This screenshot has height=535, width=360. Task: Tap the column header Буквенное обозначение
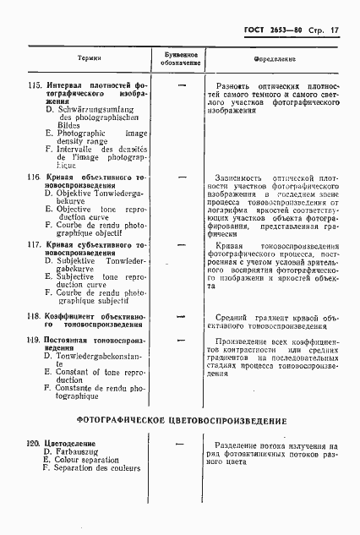click(180, 58)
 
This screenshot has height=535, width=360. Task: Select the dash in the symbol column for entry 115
click(180, 85)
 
